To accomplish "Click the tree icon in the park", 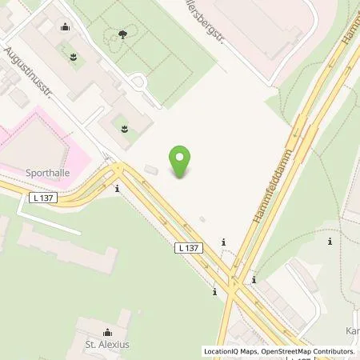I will [x=122, y=34].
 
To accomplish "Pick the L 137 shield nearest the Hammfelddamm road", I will [x=188, y=249].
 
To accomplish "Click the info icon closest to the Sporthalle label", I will [x=118, y=189].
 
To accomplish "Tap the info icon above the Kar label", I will [x=330, y=240].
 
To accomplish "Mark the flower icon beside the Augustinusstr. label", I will [x=74, y=57].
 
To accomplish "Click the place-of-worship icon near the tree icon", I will [x=65, y=26].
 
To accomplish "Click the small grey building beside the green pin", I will [x=151, y=170].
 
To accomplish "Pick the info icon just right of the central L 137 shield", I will [x=223, y=242].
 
